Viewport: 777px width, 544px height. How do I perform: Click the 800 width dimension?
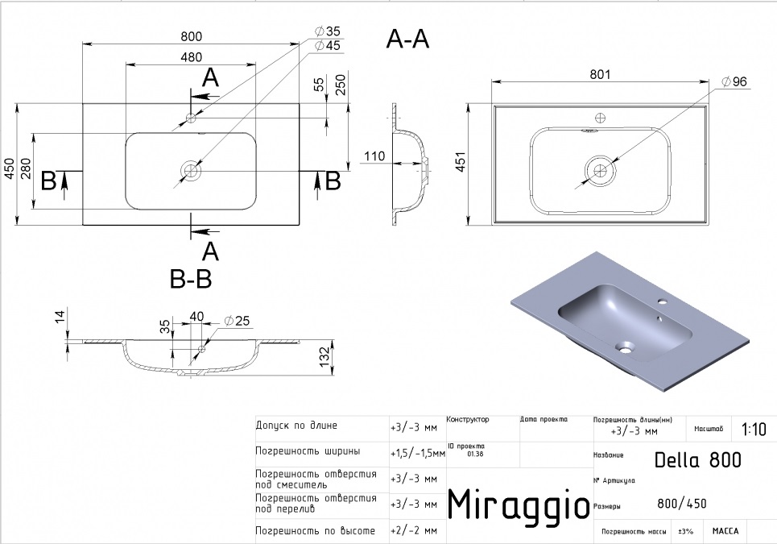[x=192, y=37]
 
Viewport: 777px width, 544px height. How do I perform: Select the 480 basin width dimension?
[x=192, y=57]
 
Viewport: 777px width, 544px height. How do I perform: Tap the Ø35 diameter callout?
[x=328, y=31]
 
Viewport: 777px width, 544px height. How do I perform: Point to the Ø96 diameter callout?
[x=734, y=81]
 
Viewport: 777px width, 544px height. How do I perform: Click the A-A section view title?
[x=407, y=39]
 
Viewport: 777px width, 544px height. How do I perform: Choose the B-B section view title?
[x=191, y=279]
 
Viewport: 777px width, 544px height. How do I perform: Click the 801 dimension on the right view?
[x=600, y=74]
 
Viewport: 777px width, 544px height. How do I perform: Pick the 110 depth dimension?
[x=374, y=156]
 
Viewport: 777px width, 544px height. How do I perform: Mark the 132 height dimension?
[x=324, y=357]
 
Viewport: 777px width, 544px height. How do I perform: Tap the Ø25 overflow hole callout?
[x=237, y=322]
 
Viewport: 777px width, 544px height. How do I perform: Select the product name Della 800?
[x=698, y=460]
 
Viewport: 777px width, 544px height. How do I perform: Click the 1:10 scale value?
[x=754, y=429]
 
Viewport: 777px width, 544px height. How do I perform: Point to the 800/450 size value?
[x=682, y=504]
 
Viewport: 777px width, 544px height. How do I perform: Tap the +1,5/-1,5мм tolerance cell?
[x=418, y=453]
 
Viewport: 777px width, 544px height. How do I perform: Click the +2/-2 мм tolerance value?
[x=414, y=530]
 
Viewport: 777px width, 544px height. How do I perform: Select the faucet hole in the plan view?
[x=191, y=118]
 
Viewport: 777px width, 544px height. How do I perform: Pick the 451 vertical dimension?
[x=461, y=162]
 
